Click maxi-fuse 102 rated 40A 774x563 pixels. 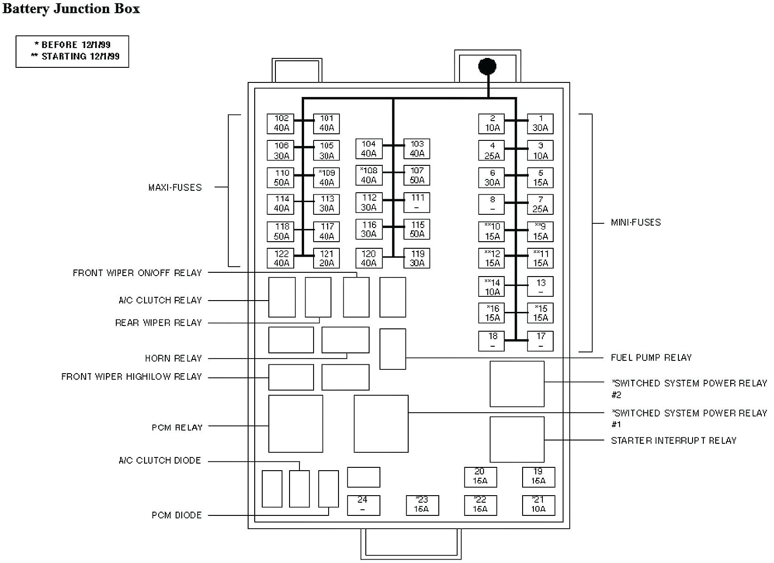(281, 123)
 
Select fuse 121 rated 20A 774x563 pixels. (326, 258)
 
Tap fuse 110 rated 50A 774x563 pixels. (281, 178)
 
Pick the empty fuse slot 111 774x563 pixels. (417, 203)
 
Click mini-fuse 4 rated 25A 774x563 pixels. (492, 151)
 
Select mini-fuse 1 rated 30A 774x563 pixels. (540, 123)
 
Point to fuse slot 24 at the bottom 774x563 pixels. (363, 505)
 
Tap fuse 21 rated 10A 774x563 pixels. (538, 505)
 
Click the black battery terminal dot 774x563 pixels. (487, 66)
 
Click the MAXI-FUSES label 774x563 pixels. (175, 188)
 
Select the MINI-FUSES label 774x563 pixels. (636, 222)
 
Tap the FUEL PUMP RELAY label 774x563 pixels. (651, 358)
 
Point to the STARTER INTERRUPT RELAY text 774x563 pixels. (673, 441)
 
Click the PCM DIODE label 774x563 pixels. (177, 515)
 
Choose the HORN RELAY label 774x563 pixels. (173, 359)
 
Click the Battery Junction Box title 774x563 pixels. (71, 8)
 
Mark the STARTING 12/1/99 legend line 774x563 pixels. (75, 57)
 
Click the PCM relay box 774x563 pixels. (295, 424)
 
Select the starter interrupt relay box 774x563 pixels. (517, 439)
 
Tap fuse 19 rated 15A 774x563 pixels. (538, 477)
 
